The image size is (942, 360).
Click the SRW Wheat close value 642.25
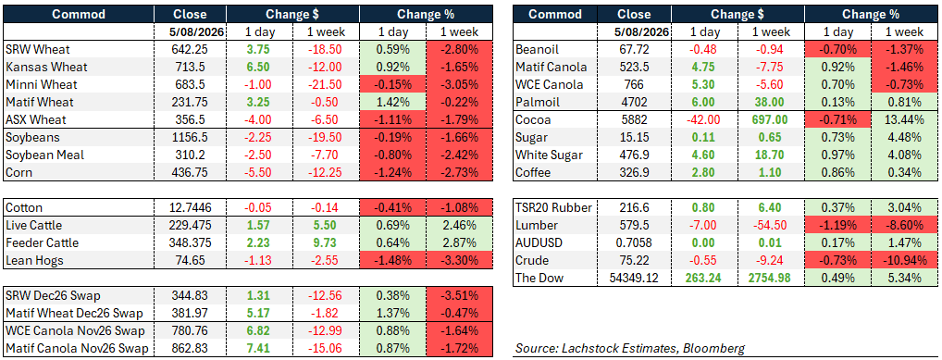[190, 49]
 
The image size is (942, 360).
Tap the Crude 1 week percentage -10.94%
[902, 261]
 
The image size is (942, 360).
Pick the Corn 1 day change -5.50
[258, 172]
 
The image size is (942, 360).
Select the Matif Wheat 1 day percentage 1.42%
[392, 102]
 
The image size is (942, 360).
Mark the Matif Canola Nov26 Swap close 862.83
[190, 348]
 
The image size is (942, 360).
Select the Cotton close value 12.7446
[190, 208]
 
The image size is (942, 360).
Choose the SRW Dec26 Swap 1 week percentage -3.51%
[459, 295]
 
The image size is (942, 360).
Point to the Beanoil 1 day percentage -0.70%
[836, 49]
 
